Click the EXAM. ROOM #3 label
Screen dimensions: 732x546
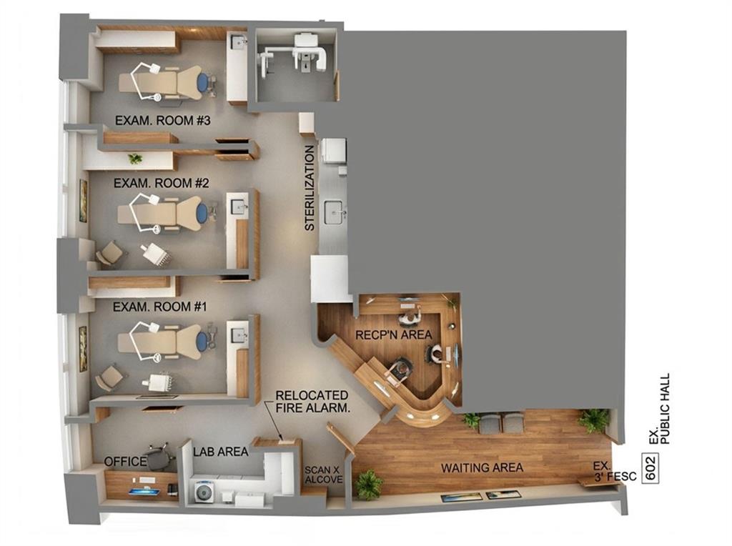pos(163,120)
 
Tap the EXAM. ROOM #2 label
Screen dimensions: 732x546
pos(162,183)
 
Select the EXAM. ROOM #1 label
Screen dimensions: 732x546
pos(160,307)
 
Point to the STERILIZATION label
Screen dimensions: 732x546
pos(310,188)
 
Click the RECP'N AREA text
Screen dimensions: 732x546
pos(394,334)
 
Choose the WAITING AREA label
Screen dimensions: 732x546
pos(482,467)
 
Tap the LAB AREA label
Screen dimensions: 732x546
pos(221,451)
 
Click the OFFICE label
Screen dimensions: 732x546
pos(126,462)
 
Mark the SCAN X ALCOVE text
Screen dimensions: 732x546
pos(324,475)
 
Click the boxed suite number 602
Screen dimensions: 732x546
pos(651,467)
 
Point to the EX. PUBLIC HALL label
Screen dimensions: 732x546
pos(659,409)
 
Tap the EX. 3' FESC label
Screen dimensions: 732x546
pos(614,472)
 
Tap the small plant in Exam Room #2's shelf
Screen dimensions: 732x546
pos(135,159)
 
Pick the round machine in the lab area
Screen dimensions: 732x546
pos(204,492)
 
